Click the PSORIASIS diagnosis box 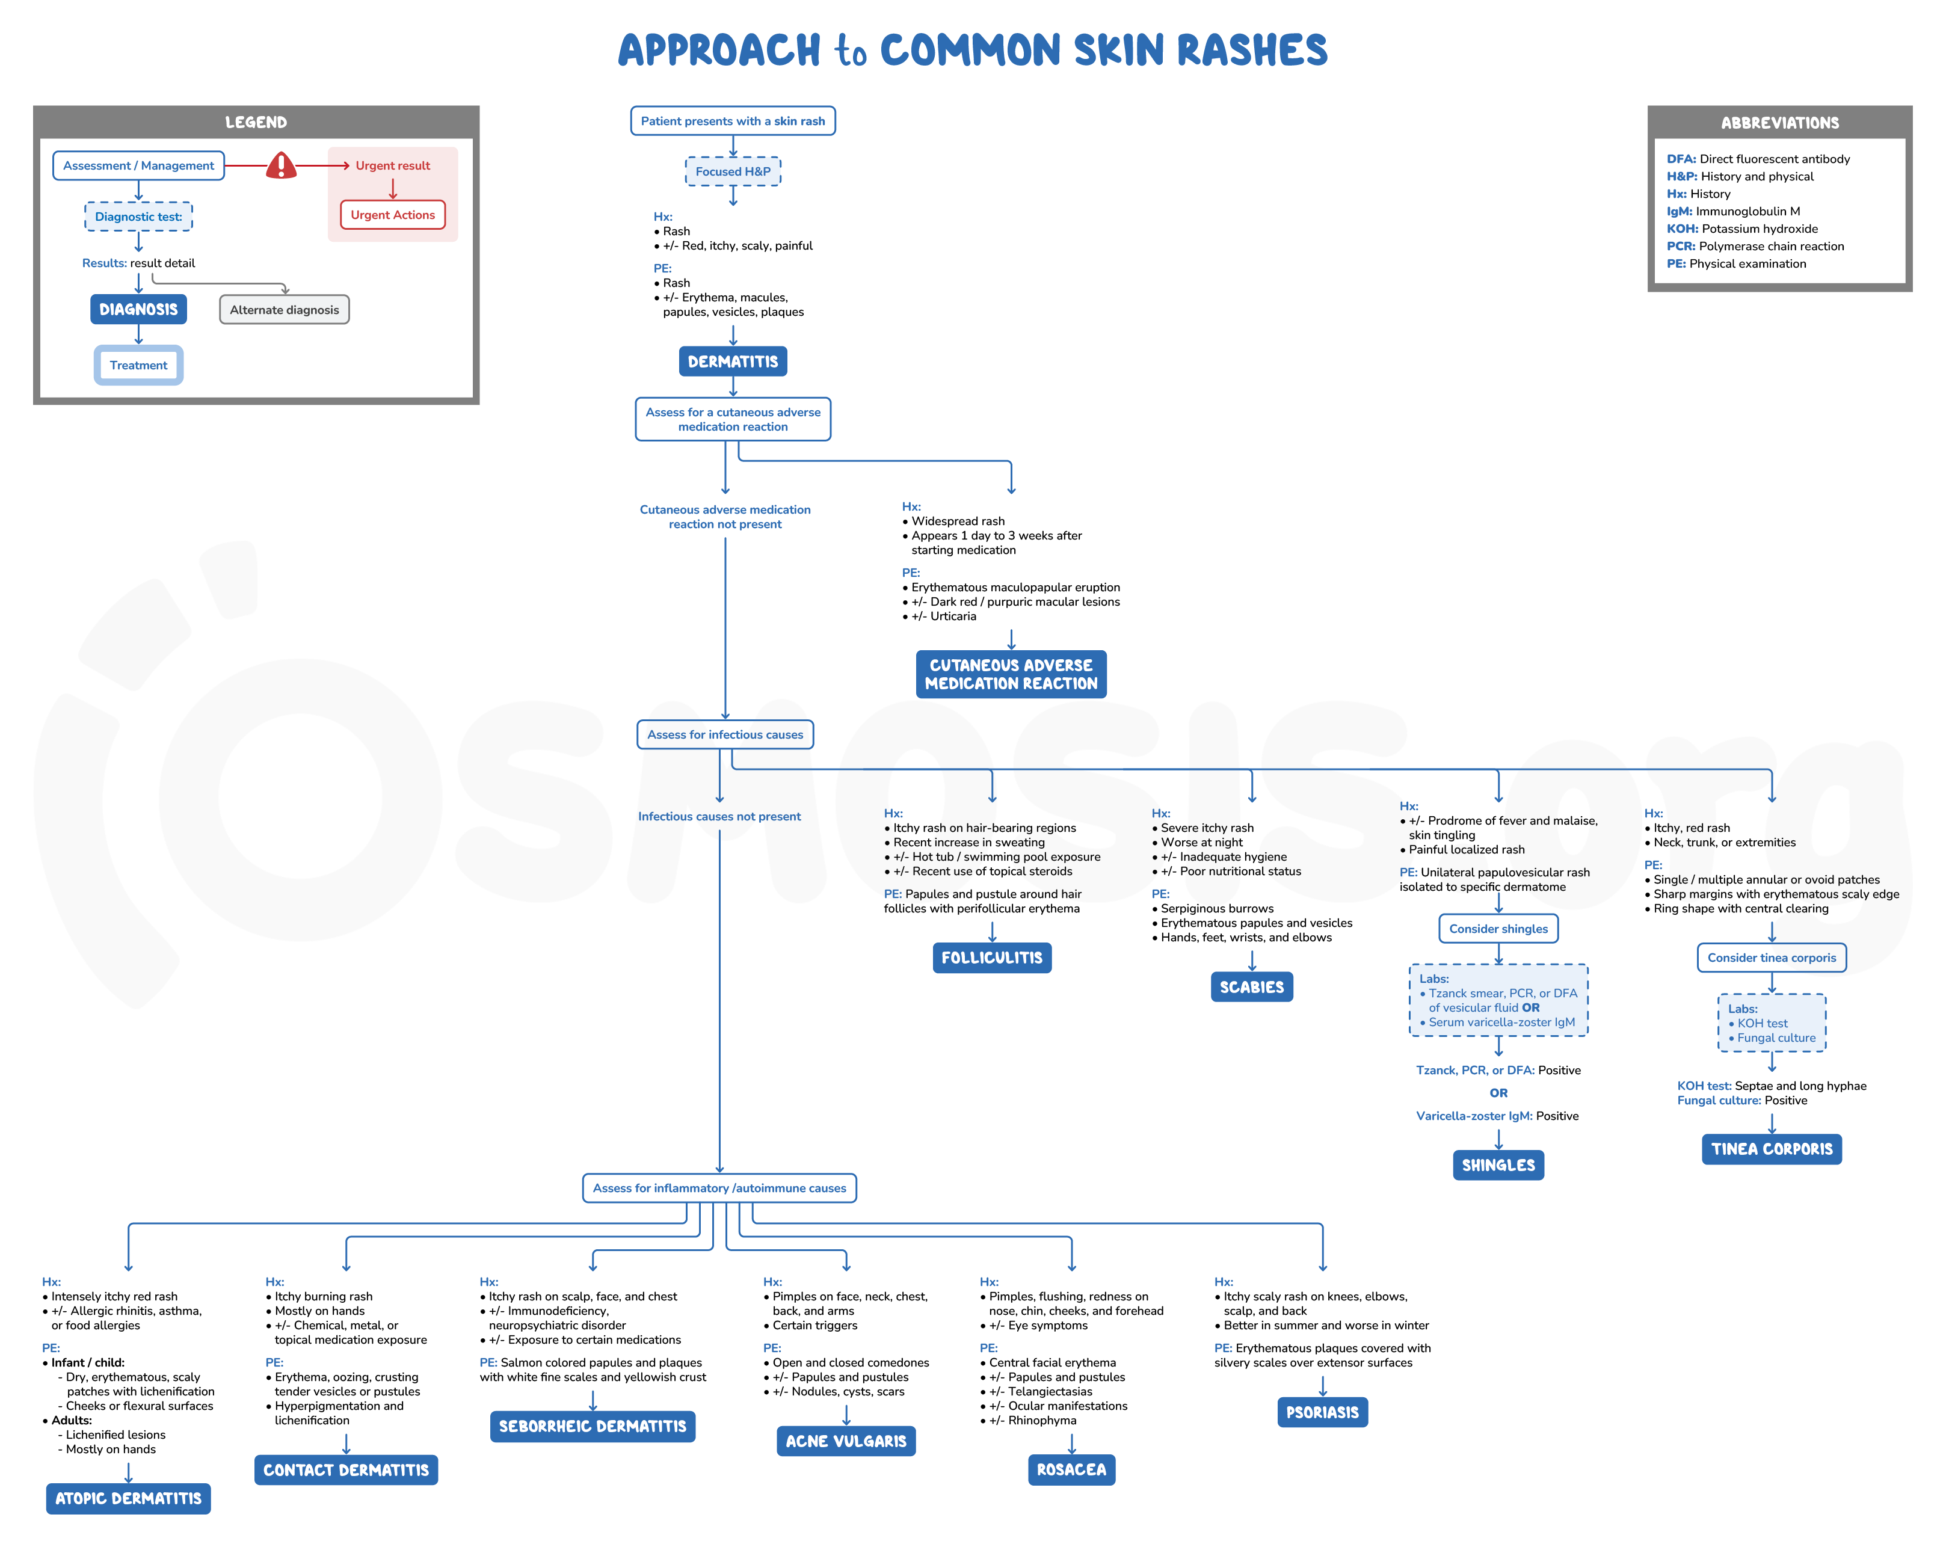coord(1322,1412)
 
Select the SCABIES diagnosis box coord(1251,986)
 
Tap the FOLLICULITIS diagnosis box coord(992,958)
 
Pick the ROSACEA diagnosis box coord(1071,1469)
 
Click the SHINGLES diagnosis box coord(1498,1164)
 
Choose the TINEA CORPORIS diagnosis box coord(1772,1149)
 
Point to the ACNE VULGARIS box coord(846,1441)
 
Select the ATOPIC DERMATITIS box coord(128,1498)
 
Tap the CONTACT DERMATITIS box coord(346,1469)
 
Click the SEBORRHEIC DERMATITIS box coord(592,1426)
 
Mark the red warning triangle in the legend coord(282,165)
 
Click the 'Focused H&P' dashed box coord(733,171)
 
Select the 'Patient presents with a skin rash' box coord(733,121)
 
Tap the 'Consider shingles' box coord(1498,929)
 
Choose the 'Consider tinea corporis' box coord(1772,958)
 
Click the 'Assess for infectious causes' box coord(725,735)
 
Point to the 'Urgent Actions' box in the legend coord(393,215)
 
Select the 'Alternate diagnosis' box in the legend coord(285,310)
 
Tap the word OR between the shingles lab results coord(1498,1093)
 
